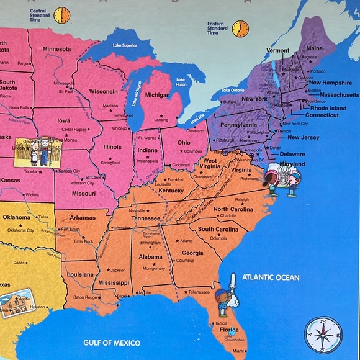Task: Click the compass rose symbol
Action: (x=322, y=335)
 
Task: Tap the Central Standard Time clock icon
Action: (x=61, y=15)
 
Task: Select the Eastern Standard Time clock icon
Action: (x=240, y=28)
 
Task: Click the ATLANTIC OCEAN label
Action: (x=271, y=277)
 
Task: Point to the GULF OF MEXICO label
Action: (x=112, y=343)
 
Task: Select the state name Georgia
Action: (x=192, y=253)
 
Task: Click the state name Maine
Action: (x=315, y=48)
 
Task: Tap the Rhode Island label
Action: (x=330, y=107)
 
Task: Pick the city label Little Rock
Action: (x=84, y=241)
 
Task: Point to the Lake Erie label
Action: (x=198, y=117)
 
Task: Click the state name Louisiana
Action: (x=80, y=274)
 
